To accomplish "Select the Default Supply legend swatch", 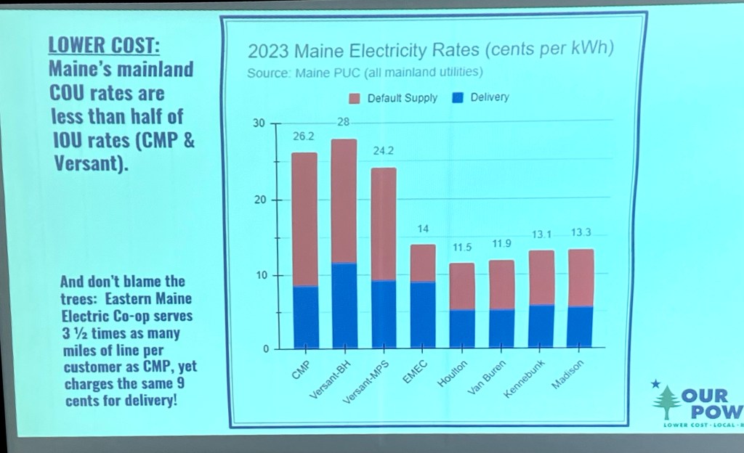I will (x=355, y=98).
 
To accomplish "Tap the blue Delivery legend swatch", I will (x=458, y=98).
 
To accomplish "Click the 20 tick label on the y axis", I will (x=259, y=200).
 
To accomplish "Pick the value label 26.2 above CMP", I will (x=304, y=136).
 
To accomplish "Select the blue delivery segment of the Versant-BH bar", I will (x=344, y=305).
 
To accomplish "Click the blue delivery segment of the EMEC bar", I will (x=423, y=315).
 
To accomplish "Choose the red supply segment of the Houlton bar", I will (x=462, y=287).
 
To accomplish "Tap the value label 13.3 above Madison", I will (x=581, y=233).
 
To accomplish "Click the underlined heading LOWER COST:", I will (x=103, y=45).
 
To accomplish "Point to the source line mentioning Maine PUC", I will (x=365, y=73).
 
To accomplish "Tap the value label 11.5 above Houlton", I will (x=462, y=248).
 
